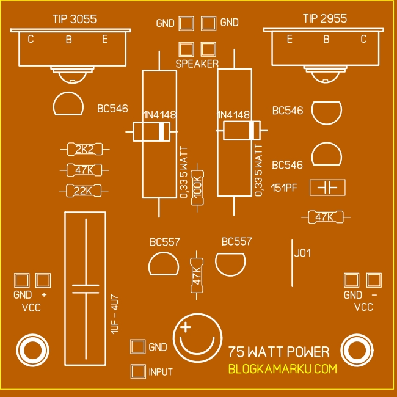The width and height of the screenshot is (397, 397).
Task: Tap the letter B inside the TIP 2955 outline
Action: click(x=326, y=40)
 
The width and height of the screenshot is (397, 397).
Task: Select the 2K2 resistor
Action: click(x=84, y=149)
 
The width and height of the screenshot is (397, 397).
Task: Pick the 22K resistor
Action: click(x=84, y=191)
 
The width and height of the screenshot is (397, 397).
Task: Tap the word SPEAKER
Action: click(x=197, y=64)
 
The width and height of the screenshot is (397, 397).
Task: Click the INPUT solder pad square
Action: click(x=138, y=371)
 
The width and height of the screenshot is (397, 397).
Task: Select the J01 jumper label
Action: click(x=302, y=253)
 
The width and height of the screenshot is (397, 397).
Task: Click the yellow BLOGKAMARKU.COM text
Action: click(x=282, y=369)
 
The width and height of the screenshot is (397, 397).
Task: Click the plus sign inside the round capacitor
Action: click(x=186, y=329)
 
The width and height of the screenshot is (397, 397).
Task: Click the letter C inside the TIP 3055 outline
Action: click(x=31, y=40)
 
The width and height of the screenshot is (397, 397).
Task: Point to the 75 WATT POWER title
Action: click(x=279, y=352)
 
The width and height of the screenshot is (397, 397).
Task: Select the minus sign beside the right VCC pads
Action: click(x=374, y=295)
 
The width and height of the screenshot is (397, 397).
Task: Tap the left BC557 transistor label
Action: click(x=164, y=241)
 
